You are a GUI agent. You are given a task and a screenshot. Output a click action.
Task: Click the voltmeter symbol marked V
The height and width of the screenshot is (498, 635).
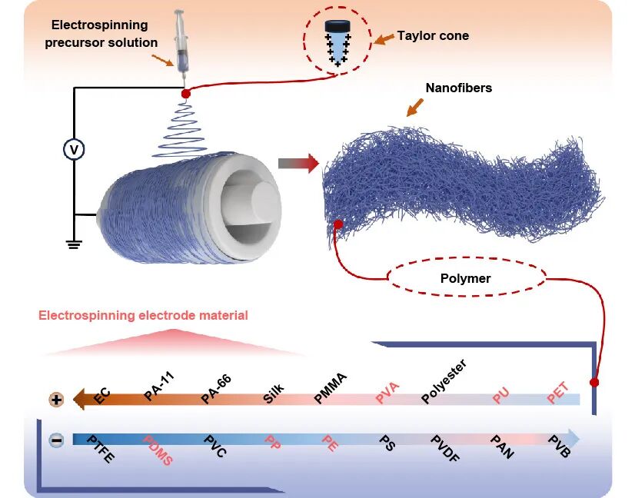click(x=74, y=150)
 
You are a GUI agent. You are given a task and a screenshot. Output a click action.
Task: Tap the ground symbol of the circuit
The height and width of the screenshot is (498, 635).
click(x=74, y=245)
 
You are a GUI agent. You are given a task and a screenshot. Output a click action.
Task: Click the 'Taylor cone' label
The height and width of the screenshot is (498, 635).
click(x=433, y=35)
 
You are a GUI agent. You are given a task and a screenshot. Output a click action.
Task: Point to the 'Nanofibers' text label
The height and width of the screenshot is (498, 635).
click(x=458, y=88)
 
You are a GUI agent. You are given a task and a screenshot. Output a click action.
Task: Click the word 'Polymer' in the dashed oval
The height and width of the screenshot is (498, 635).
click(x=467, y=278)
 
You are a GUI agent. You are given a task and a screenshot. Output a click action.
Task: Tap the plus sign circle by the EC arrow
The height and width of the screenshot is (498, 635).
click(x=56, y=400)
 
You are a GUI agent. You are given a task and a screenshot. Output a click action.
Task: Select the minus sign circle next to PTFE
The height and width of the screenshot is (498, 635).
click(x=56, y=440)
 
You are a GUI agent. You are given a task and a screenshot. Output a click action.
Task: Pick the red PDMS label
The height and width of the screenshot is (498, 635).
click(x=158, y=450)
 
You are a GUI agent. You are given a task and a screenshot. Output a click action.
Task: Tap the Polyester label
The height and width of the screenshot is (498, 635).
click(x=444, y=382)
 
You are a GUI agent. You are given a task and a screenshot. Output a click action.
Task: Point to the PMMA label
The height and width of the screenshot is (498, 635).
click(x=331, y=388)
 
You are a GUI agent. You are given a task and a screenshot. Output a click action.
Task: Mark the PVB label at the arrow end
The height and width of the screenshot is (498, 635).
click(x=559, y=447)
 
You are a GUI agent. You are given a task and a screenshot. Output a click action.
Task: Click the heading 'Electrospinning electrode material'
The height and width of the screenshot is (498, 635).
click(x=143, y=315)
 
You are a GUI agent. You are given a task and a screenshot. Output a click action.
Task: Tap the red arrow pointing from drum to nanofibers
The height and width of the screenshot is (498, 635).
click(x=298, y=163)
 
